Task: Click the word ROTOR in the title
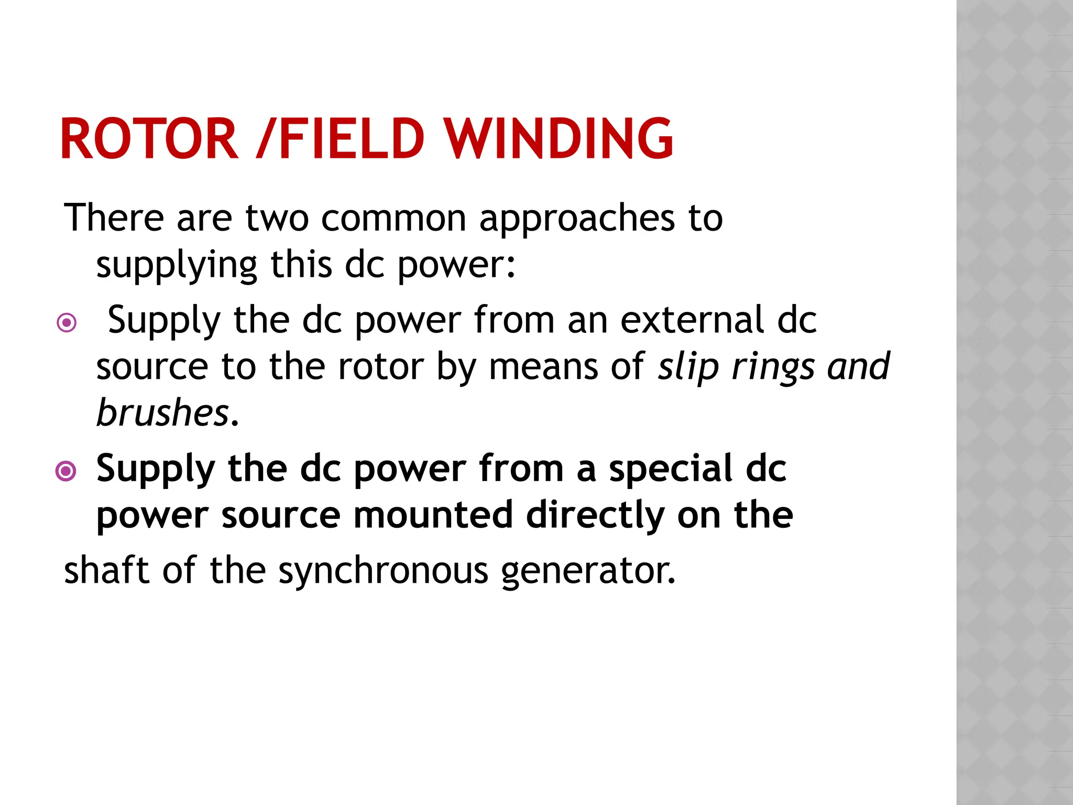pos(149,139)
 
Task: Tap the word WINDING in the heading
pos(560,139)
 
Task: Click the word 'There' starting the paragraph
pos(114,217)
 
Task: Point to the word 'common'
pos(393,217)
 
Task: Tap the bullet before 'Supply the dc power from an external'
pos(67,322)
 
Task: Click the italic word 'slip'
pos(688,367)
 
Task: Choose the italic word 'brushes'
pos(162,412)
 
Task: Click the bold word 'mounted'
pos(433,515)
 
